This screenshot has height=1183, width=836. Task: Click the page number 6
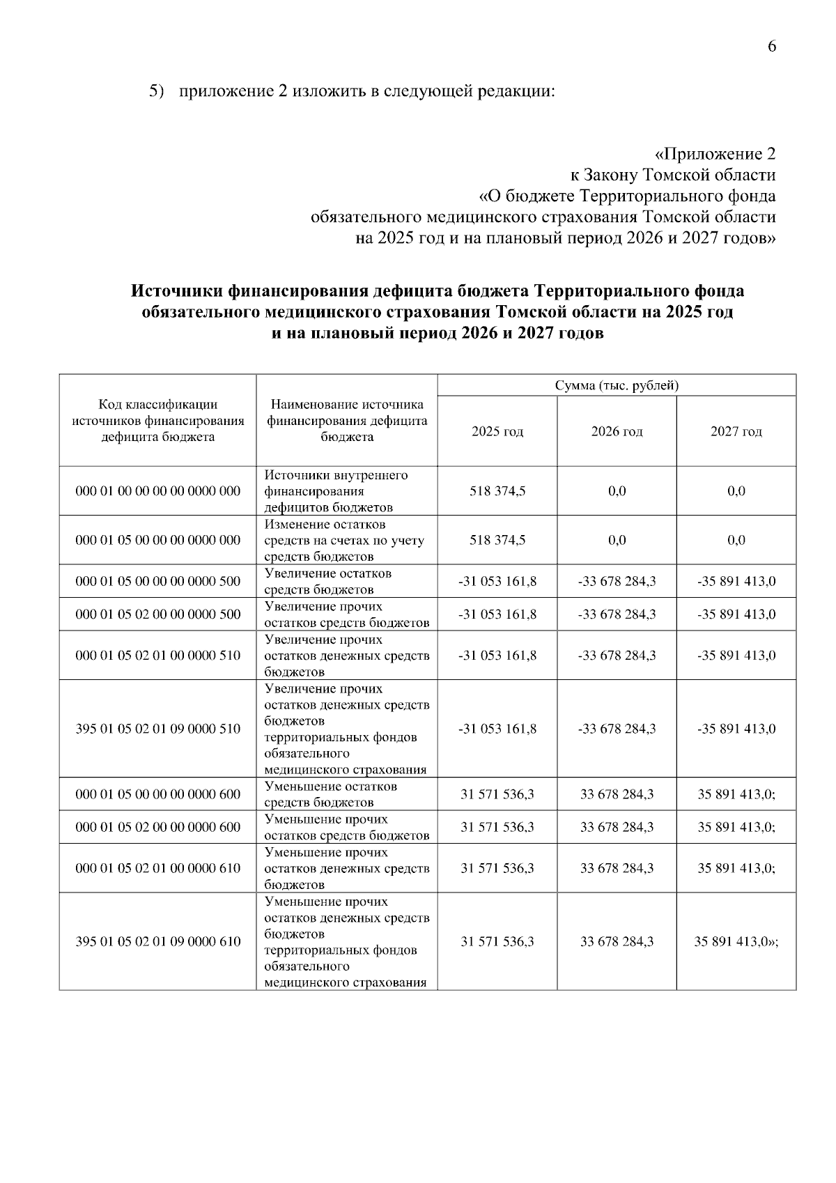(x=771, y=47)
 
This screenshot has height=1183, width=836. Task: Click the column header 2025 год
(x=497, y=431)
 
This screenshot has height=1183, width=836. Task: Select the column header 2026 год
(x=617, y=431)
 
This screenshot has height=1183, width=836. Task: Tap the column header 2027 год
(x=736, y=431)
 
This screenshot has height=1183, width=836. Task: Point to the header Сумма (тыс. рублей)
(x=617, y=385)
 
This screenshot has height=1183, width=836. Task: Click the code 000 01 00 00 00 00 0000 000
(x=157, y=491)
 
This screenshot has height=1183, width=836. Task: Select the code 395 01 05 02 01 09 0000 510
(x=157, y=729)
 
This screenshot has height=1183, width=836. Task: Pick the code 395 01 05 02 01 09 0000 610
(x=157, y=941)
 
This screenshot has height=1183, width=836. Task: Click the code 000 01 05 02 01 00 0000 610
(x=157, y=868)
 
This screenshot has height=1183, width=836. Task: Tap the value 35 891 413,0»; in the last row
(x=736, y=941)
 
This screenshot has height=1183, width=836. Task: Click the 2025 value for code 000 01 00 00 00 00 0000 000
(x=497, y=491)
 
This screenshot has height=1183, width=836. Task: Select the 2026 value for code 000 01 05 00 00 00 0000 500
(x=617, y=581)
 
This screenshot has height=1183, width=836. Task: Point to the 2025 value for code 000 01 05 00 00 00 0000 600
(x=497, y=794)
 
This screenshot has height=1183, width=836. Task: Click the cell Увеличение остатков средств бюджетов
(x=346, y=581)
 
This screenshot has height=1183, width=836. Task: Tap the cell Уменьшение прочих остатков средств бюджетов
(x=346, y=827)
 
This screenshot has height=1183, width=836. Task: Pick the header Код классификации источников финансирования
(x=157, y=421)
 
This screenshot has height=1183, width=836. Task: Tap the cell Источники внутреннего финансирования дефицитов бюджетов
(x=346, y=491)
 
